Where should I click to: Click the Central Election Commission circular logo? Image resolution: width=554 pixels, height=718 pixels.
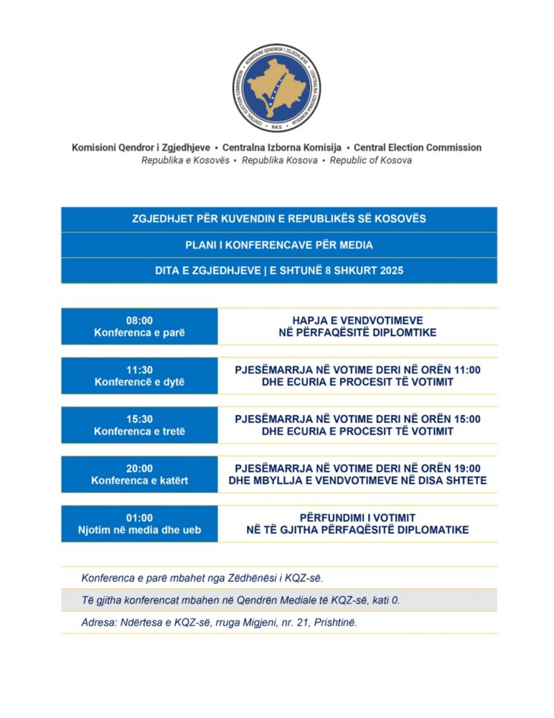(x=277, y=88)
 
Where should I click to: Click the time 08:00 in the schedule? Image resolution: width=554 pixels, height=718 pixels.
(x=139, y=320)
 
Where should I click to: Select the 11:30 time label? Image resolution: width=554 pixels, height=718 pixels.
(x=139, y=370)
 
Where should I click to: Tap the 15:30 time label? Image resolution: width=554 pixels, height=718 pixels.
(x=139, y=419)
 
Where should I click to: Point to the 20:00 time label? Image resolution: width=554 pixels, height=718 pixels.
(x=139, y=468)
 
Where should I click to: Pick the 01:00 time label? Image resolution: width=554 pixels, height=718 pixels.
(x=139, y=518)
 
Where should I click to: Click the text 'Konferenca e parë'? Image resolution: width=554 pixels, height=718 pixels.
(x=139, y=333)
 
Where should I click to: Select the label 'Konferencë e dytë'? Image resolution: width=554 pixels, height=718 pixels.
(x=139, y=382)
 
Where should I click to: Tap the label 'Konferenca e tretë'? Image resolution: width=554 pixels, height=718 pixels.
(x=139, y=432)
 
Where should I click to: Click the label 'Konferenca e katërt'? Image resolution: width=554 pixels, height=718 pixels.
(x=139, y=480)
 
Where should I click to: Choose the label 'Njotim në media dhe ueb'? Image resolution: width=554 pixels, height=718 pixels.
(x=139, y=530)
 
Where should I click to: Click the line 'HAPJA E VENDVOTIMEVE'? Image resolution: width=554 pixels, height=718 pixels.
(x=357, y=320)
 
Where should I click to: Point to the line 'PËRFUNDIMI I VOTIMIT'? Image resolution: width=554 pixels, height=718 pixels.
(x=357, y=518)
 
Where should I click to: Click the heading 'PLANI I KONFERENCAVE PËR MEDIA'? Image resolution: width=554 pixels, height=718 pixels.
(x=278, y=245)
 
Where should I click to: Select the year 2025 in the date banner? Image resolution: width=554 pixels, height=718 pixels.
(x=388, y=271)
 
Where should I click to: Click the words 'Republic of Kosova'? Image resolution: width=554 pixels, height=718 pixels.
(x=371, y=160)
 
